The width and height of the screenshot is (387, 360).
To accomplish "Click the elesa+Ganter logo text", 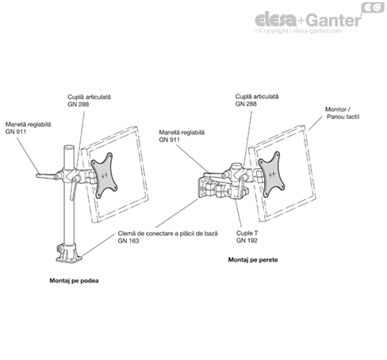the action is point(308,20).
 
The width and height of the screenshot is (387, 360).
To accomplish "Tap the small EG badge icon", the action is point(373,7).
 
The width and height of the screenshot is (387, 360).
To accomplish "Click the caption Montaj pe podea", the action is point(74,281).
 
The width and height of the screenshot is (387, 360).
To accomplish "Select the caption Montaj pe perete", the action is point(253,260).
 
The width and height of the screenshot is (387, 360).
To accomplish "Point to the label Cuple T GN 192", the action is point(247,236).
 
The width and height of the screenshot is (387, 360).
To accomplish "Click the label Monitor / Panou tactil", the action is point(342,113).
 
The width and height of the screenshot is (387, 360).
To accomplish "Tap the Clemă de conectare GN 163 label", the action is point(168,237).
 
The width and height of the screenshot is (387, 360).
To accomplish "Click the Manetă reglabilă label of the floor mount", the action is point(28,128).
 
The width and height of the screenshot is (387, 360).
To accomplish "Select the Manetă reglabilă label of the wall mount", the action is point(182,136).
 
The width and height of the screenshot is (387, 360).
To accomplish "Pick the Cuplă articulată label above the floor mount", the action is point(89,101).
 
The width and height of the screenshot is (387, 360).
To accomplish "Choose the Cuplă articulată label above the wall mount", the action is point(257,100).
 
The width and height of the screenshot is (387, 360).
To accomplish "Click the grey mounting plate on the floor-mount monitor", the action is point(104,175).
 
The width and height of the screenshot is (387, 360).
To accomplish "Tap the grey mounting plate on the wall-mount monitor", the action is point(271,174).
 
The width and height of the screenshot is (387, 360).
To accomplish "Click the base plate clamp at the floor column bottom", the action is point(69,253).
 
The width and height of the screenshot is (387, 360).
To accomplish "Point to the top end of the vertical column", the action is point(69,147).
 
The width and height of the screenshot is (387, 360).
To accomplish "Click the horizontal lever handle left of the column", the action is point(47,176).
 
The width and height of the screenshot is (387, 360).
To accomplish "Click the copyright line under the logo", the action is point(298,31).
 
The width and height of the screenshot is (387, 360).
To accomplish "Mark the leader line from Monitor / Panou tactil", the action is point(316,123).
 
